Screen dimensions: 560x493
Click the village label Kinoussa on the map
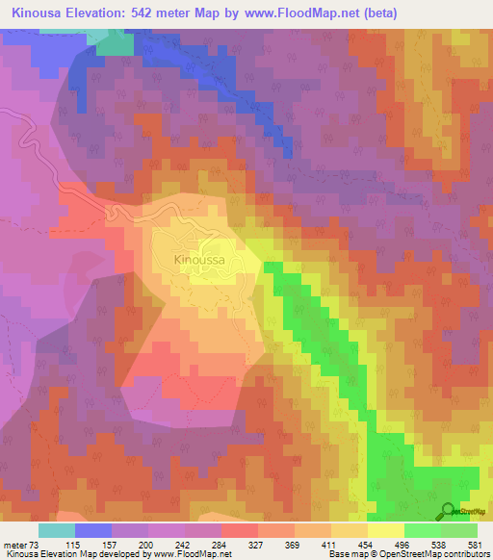coord(198,259)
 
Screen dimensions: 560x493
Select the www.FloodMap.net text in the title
coord(300,13)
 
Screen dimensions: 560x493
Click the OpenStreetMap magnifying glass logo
coord(448,511)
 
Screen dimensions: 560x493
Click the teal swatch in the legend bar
coord(57,530)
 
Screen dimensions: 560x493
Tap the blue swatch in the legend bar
coord(93,530)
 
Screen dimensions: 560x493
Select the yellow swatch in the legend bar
coord(386,530)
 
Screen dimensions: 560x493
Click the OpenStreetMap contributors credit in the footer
coord(433,554)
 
